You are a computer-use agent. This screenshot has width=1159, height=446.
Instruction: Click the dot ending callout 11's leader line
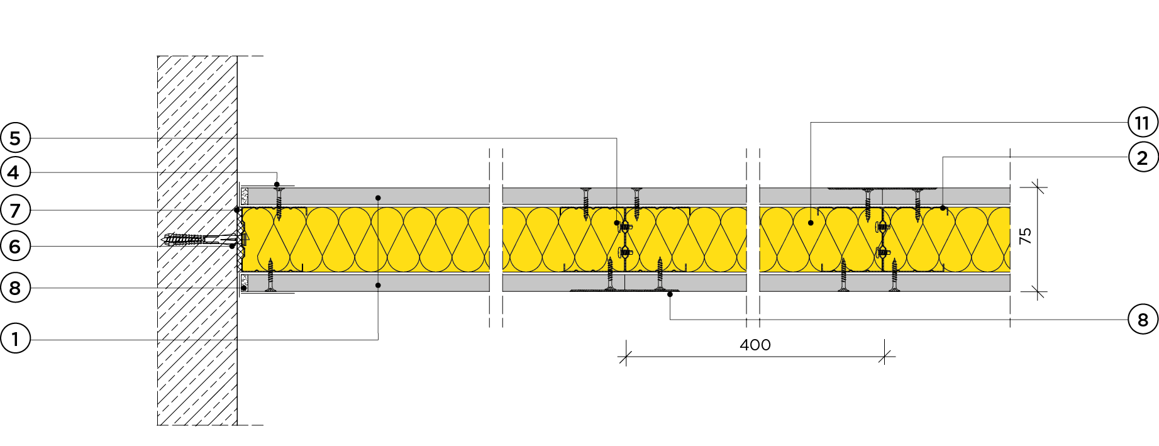[x=811, y=223]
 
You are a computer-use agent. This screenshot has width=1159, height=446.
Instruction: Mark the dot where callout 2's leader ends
[x=943, y=208]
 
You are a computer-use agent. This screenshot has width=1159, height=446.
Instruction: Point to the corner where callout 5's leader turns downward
[x=617, y=138]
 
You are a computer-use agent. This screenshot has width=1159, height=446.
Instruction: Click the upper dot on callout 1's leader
[x=378, y=198]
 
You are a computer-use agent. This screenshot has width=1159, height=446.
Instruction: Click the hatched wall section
[x=197, y=240]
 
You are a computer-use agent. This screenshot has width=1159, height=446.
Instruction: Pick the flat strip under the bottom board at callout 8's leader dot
[x=624, y=291]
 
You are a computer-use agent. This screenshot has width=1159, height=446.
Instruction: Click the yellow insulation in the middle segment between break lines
[x=624, y=240]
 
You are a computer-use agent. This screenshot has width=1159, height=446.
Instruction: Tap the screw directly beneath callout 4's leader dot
[x=279, y=203]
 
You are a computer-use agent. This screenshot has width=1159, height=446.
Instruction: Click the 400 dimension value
[x=755, y=345]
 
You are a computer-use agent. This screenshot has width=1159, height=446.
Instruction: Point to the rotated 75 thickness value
[x=1026, y=237]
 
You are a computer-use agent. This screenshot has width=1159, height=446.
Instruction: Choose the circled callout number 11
[x=1143, y=123]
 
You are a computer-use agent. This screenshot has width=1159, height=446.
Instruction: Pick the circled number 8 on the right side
[x=1143, y=320]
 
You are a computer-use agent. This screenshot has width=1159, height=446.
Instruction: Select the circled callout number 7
[x=15, y=210]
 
